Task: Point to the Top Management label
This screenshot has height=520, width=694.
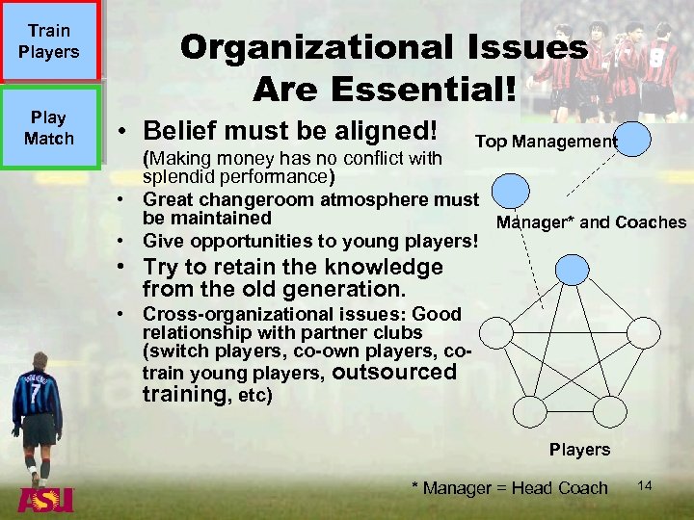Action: click(x=546, y=143)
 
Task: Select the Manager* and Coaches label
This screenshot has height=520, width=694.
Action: click(x=591, y=222)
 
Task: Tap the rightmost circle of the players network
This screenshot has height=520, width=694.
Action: click(x=660, y=333)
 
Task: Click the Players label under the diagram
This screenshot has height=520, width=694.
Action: click(x=579, y=450)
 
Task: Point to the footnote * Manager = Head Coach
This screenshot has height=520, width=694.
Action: click(x=510, y=488)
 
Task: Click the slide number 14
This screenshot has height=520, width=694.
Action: click(x=645, y=486)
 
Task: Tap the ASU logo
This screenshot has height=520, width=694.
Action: click(x=45, y=502)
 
